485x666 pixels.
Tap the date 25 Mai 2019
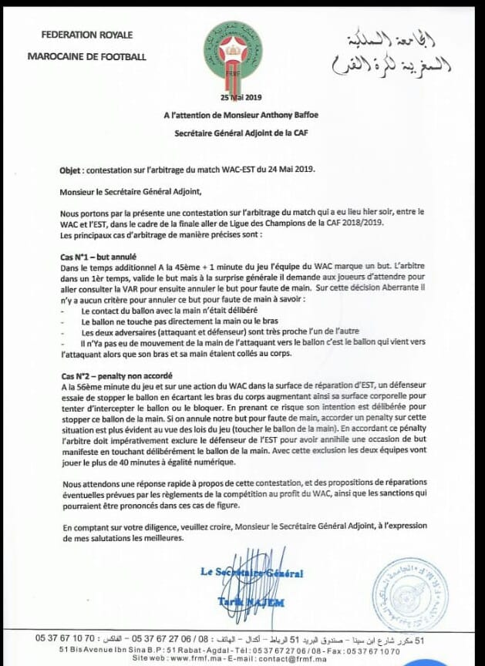pos(241,96)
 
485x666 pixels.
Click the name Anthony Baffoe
pos(285,113)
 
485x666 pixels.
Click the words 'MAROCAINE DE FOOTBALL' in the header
pos(86,55)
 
